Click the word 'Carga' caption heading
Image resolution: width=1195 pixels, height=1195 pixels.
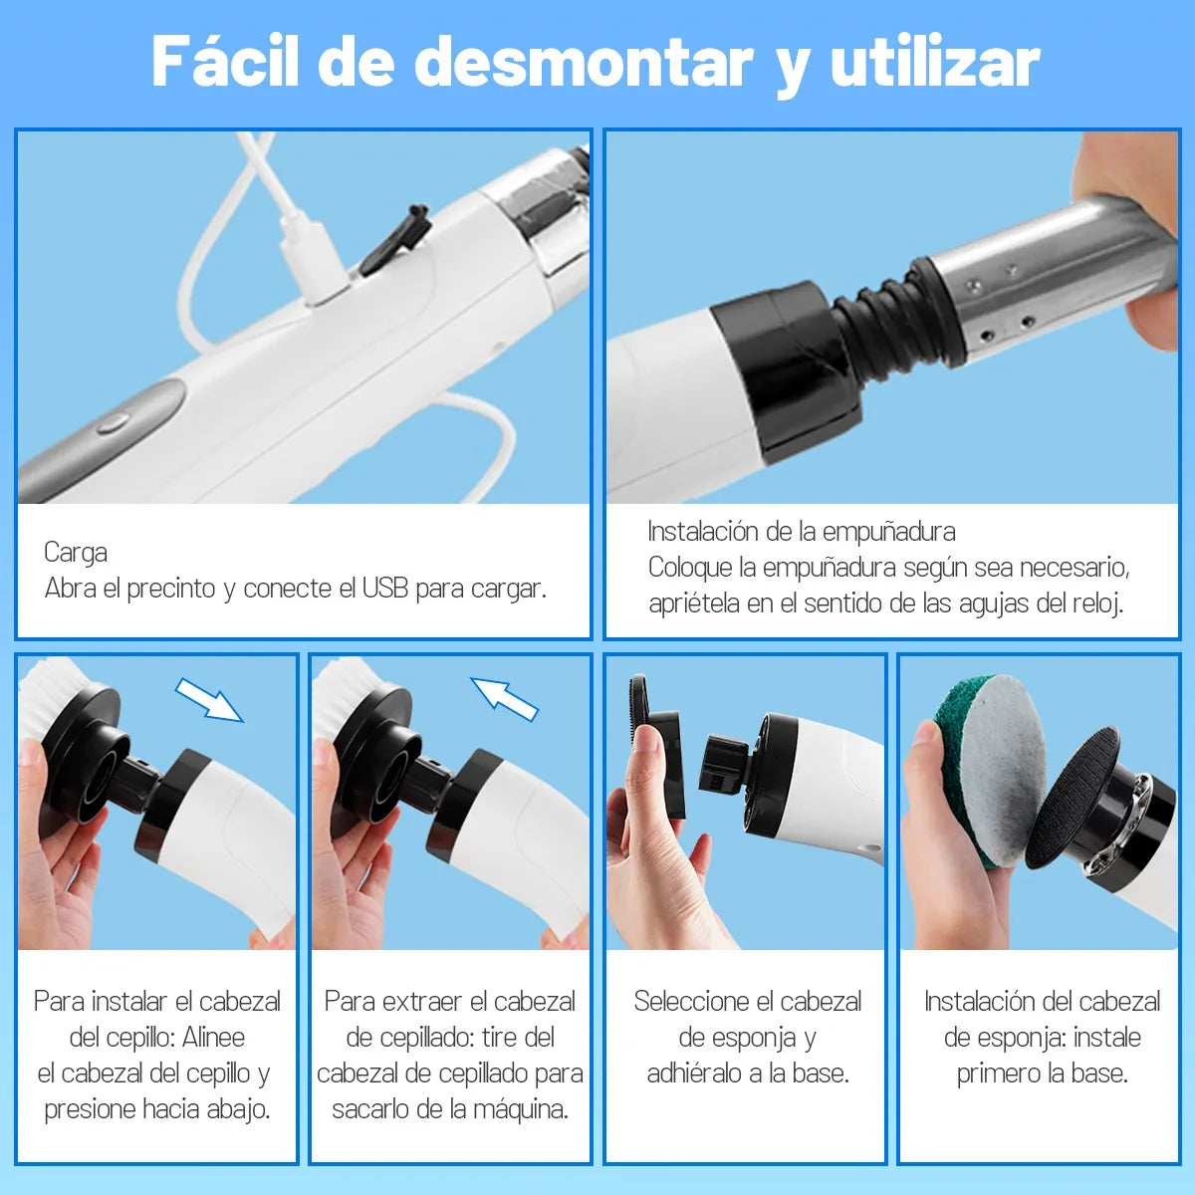click(76, 553)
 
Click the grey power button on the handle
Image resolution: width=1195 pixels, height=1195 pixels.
click(112, 422)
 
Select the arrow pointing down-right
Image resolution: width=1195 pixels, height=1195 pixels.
click(209, 699)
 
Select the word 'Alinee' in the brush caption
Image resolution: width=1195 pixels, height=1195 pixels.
click(213, 1038)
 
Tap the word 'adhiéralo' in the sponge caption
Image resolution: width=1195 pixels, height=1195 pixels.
click(694, 1074)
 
